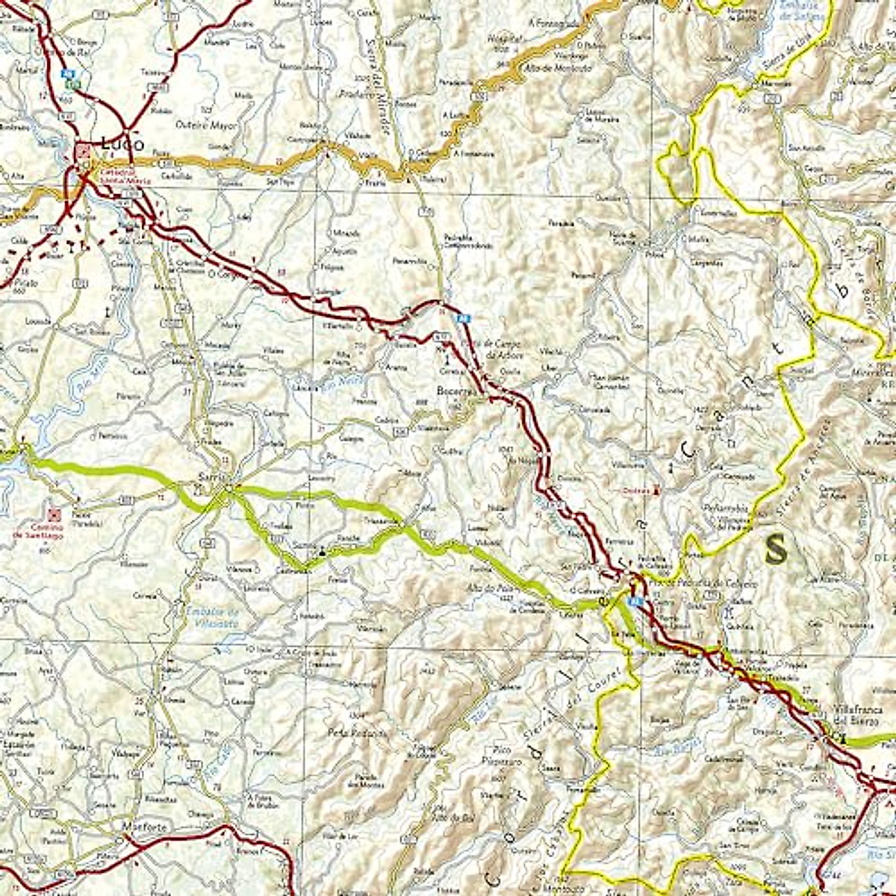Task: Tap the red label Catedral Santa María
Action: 124,176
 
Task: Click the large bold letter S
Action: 777,550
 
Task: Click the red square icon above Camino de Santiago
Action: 54,514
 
